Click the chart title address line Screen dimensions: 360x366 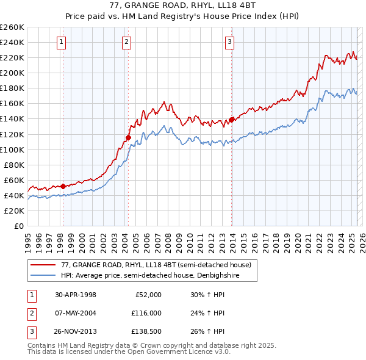pos(182,6)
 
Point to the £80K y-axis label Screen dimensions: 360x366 pos(13,165)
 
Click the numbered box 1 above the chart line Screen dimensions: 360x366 pos(62,42)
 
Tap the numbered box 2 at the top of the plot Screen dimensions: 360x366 pos(126,42)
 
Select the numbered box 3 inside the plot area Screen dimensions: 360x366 pos(229,42)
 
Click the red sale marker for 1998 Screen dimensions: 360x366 pos(63,185)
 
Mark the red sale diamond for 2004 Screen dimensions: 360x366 pos(128,137)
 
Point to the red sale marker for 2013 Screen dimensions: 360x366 pos(232,120)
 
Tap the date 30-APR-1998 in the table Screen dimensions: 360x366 pos(76,295)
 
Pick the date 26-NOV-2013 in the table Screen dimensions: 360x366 pos(76,331)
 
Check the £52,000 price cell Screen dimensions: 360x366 pos(148,295)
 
